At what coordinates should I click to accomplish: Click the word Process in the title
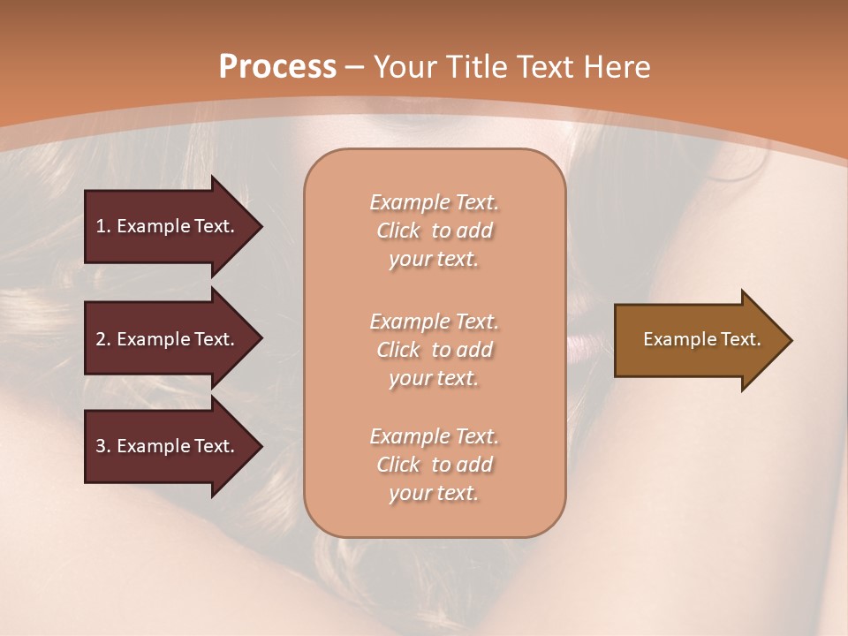(x=277, y=67)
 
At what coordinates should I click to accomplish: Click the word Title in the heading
(x=476, y=67)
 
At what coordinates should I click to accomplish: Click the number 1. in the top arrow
(x=103, y=226)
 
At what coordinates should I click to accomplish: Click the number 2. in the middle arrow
(x=103, y=339)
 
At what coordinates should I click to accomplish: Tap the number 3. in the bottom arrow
(x=103, y=446)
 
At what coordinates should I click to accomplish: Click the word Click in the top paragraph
(x=398, y=231)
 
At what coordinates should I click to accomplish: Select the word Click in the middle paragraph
(x=398, y=350)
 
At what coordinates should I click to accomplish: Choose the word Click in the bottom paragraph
(x=398, y=465)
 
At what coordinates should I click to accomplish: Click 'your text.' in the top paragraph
(x=434, y=260)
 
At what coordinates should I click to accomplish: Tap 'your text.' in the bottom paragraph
(x=434, y=494)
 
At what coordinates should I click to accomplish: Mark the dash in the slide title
(x=355, y=67)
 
